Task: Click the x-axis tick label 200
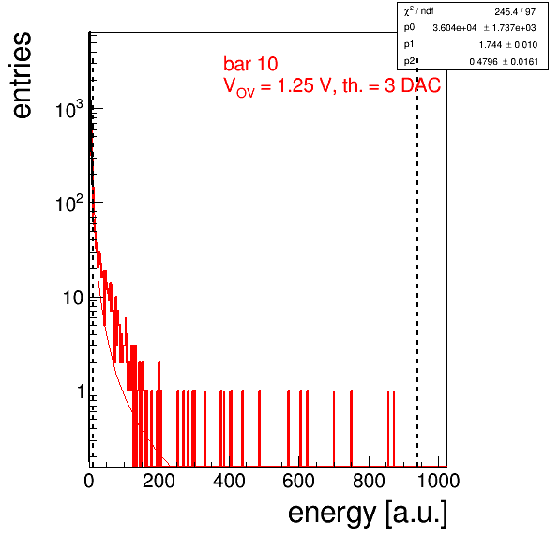click(x=159, y=481)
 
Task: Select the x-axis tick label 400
click(x=229, y=481)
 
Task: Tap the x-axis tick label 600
click(x=298, y=481)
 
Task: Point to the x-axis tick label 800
click(x=369, y=481)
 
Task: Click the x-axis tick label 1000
click(x=438, y=481)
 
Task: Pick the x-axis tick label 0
click(x=89, y=481)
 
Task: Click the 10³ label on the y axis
click(x=69, y=109)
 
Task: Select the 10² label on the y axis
click(x=69, y=203)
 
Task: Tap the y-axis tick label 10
click(x=73, y=298)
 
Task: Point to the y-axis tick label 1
click(x=81, y=391)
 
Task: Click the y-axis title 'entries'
click(x=23, y=75)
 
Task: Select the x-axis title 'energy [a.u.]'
click(x=368, y=514)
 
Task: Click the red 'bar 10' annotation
click(x=250, y=64)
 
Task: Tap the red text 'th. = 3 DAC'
click(x=391, y=85)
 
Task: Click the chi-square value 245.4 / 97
click(x=515, y=12)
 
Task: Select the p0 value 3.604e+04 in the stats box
click(x=454, y=28)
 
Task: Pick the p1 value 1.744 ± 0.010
click(x=508, y=45)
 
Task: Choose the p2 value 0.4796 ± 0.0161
click(x=504, y=62)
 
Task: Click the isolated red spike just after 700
click(x=334, y=428)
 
